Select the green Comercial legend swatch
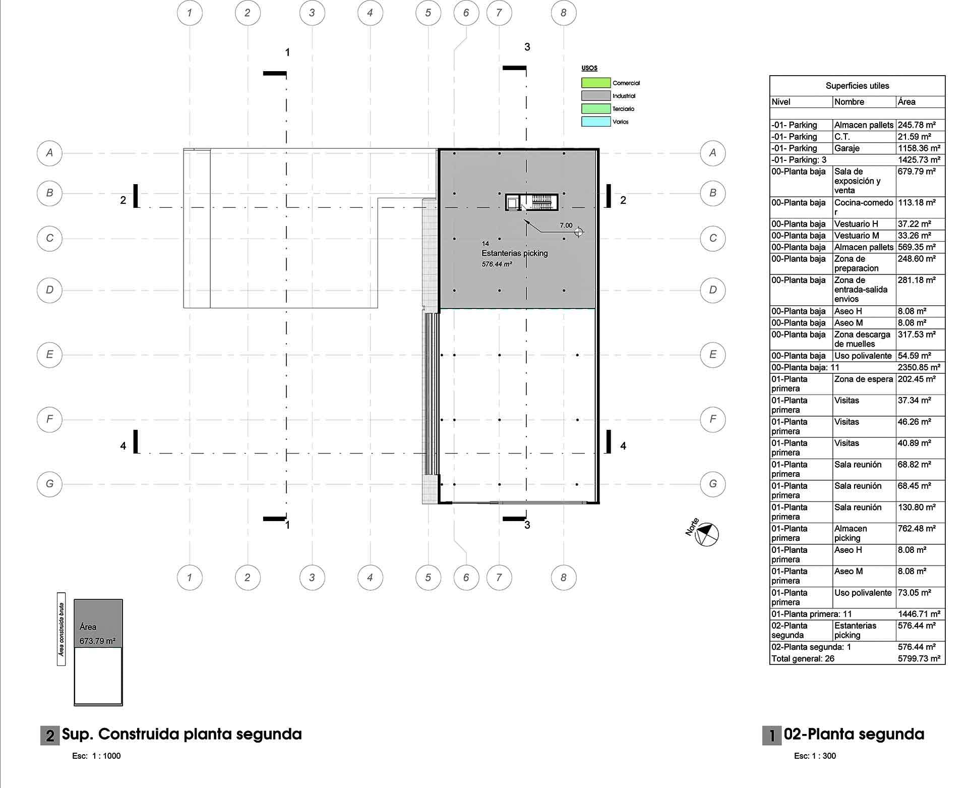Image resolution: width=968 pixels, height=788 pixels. coord(596,83)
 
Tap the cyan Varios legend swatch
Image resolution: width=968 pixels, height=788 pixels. coord(596,122)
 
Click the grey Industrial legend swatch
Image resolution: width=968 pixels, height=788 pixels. coord(596,96)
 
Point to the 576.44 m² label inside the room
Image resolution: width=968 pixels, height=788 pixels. coord(497,264)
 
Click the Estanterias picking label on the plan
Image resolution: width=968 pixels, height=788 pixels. coord(514,253)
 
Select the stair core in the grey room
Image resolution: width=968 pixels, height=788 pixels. coord(532,202)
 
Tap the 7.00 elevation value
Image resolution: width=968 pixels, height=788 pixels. coord(566,226)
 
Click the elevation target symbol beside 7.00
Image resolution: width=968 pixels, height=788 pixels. coord(579,232)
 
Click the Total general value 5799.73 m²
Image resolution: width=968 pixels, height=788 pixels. coord(919,659)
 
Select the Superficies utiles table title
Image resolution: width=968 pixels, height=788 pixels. coord(857,86)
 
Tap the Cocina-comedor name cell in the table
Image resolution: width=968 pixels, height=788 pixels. coord(864,207)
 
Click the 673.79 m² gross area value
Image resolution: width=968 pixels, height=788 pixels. coord(98,641)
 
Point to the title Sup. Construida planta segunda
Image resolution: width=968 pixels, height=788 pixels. coord(181,735)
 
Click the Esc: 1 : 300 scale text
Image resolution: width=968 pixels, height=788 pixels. coord(815,756)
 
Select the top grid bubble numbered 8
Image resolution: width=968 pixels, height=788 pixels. coord(564,13)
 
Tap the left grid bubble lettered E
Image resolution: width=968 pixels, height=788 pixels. coord(49,354)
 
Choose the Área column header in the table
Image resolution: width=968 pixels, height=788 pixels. coord(906,102)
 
